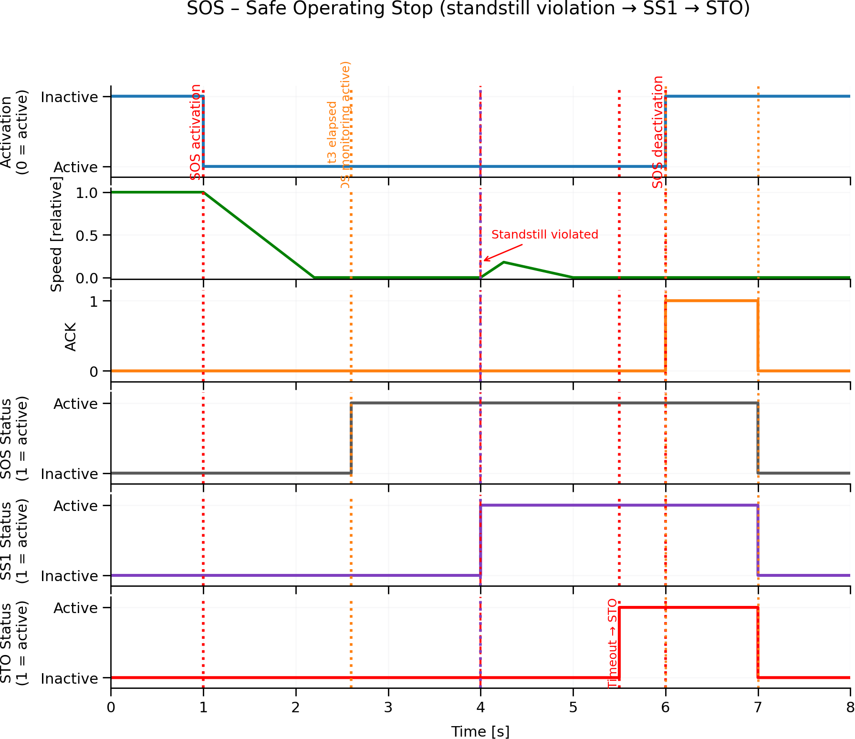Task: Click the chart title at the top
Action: [x=468, y=9]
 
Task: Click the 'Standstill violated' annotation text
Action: [x=544, y=235]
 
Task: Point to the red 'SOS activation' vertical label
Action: [x=196, y=132]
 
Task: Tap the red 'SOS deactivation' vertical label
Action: [x=658, y=132]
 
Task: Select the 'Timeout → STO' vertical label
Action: [x=613, y=644]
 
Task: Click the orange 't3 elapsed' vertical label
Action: [x=333, y=132]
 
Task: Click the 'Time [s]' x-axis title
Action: [x=480, y=731]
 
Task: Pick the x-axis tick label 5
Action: [x=573, y=707]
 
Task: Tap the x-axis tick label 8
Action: [x=850, y=707]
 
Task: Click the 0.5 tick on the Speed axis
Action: [x=86, y=236]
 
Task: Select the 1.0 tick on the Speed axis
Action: [x=86, y=193]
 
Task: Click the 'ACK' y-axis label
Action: [x=71, y=336]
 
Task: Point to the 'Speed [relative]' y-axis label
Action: [x=56, y=234]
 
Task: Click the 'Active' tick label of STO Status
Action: [x=75, y=608]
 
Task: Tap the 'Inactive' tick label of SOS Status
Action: [x=69, y=474]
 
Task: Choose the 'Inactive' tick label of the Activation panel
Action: [x=69, y=97]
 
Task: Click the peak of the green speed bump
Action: [x=504, y=262]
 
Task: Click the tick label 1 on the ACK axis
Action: [x=94, y=302]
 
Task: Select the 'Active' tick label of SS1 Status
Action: [x=75, y=506]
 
